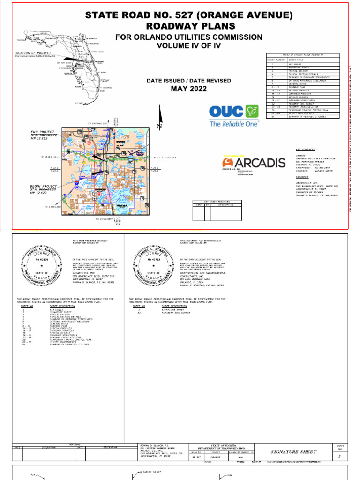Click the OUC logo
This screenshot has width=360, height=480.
click(233, 112)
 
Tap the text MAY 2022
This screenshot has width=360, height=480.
click(188, 89)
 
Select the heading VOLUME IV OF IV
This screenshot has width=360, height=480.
click(188, 45)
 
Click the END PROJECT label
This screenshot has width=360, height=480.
click(43, 132)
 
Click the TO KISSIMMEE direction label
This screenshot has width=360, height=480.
click(104, 219)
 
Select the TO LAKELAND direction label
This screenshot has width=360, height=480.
click(52, 206)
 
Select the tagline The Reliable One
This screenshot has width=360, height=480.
click(234, 124)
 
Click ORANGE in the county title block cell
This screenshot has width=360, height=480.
click(215, 456)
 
